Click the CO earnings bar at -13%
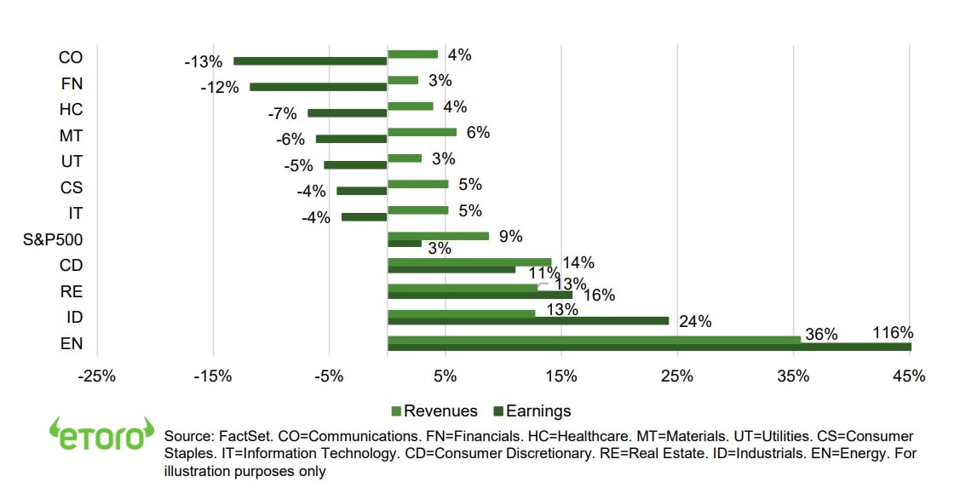(310, 60)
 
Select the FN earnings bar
(318, 87)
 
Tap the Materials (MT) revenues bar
(422, 132)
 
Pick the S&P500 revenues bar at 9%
(438, 236)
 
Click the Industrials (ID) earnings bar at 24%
(528, 321)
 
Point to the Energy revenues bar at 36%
(594, 339)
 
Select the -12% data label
(219, 87)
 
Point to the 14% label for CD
(578, 262)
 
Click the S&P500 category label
(53, 239)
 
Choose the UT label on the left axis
(72, 162)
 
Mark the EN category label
(72, 343)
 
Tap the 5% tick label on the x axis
(445, 376)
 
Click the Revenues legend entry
(434, 411)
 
